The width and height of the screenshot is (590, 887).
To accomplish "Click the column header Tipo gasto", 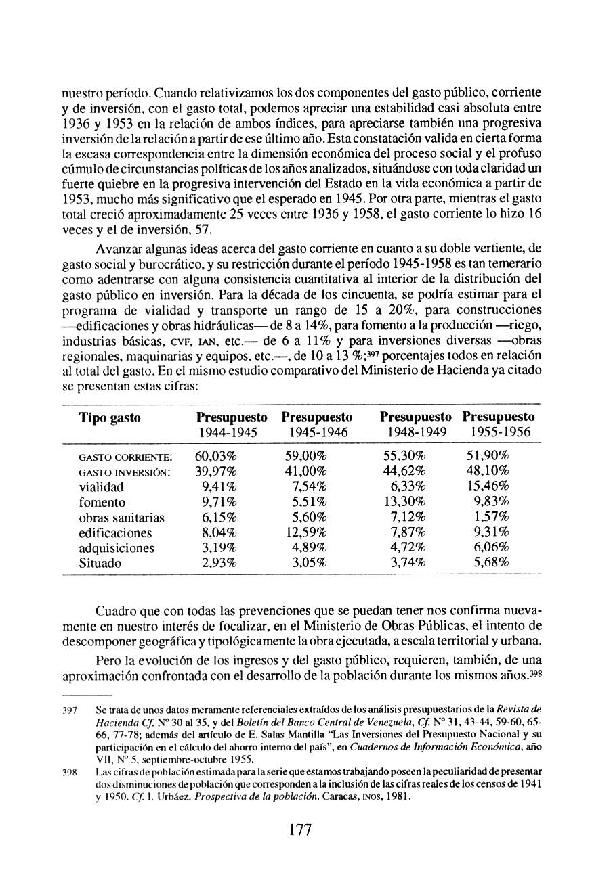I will (110, 418).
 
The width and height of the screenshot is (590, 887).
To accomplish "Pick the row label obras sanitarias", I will (122, 518).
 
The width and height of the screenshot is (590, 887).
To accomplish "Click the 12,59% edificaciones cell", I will (306, 533).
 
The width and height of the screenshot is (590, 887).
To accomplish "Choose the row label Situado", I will (100, 564).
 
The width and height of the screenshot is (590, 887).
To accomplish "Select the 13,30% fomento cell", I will (405, 502).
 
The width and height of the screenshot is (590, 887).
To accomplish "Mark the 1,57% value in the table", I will (491, 518).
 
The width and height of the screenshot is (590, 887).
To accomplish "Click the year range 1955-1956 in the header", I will (498, 432).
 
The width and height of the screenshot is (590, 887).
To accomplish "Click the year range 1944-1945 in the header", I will (227, 432).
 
